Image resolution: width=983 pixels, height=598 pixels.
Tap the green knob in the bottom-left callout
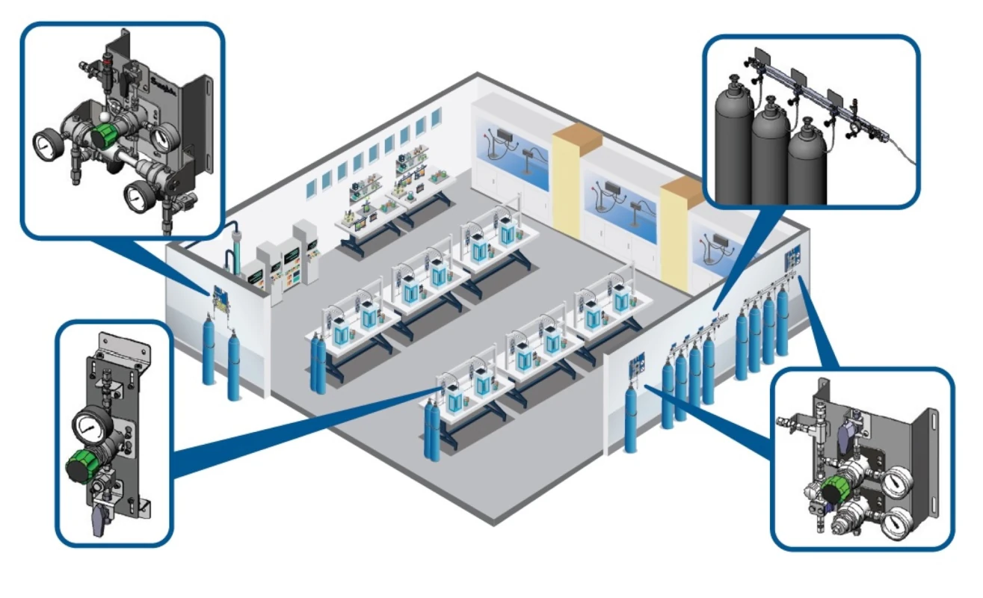coord(78,466)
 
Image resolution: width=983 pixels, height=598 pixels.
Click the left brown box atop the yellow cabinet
coord(576,138)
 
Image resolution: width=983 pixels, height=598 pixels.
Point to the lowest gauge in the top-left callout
coord(138,195)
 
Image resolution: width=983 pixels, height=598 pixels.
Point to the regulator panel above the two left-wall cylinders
coord(220,297)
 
